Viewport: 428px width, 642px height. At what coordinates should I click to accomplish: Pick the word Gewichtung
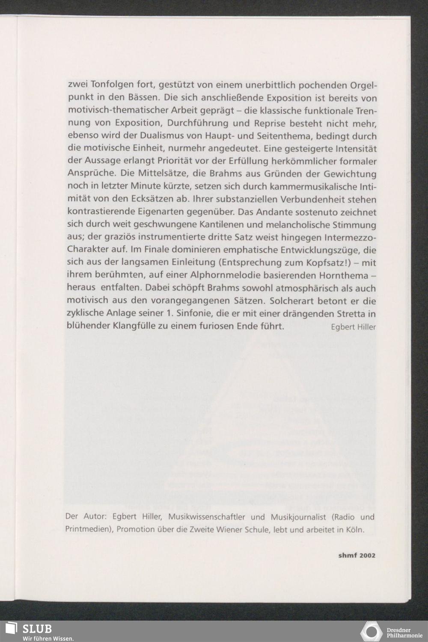pyautogui.click(x=350, y=174)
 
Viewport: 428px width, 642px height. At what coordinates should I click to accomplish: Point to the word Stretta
pyautogui.click(x=351, y=314)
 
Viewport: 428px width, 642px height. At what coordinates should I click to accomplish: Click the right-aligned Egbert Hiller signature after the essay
pyautogui.click(x=353, y=327)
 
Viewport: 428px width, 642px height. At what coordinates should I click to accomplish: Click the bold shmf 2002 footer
pyautogui.click(x=357, y=556)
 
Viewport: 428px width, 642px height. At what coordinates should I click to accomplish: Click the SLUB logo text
pyautogui.click(x=37, y=628)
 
